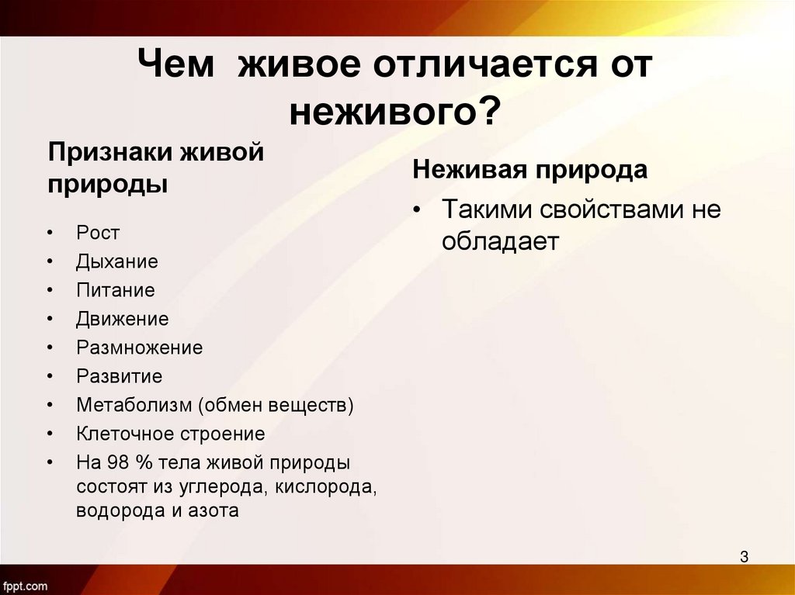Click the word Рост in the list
tap(98, 232)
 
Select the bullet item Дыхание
tap(116, 261)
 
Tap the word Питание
tap(115, 290)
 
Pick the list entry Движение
tap(122, 319)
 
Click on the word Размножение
tap(139, 348)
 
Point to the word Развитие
tap(119, 376)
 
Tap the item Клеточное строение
tap(170, 434)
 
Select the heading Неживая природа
tap(529, 170)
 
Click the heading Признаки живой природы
tap(156, 167)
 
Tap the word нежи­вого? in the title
tap(396, 113)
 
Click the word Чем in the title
tap(178, 66)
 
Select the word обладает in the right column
tap(500, 241)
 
